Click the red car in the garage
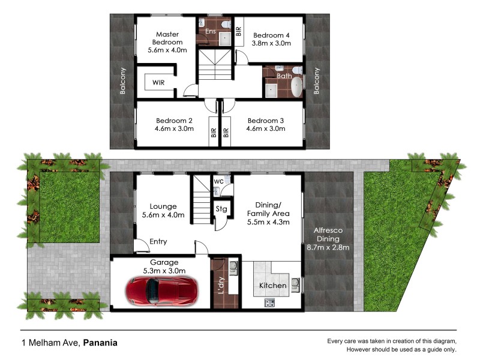pos(161,290)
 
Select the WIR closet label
pos(159,82)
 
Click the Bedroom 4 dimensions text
pos(271,43)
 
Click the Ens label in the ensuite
pos(211,31)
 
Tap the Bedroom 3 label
pos(265,120)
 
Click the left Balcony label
pos(123,80)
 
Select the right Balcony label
pos(317,80)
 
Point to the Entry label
pos(158,242)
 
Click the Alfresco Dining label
pos(328,238)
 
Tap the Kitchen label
pos(272,286)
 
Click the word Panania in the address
pos(100,343)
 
